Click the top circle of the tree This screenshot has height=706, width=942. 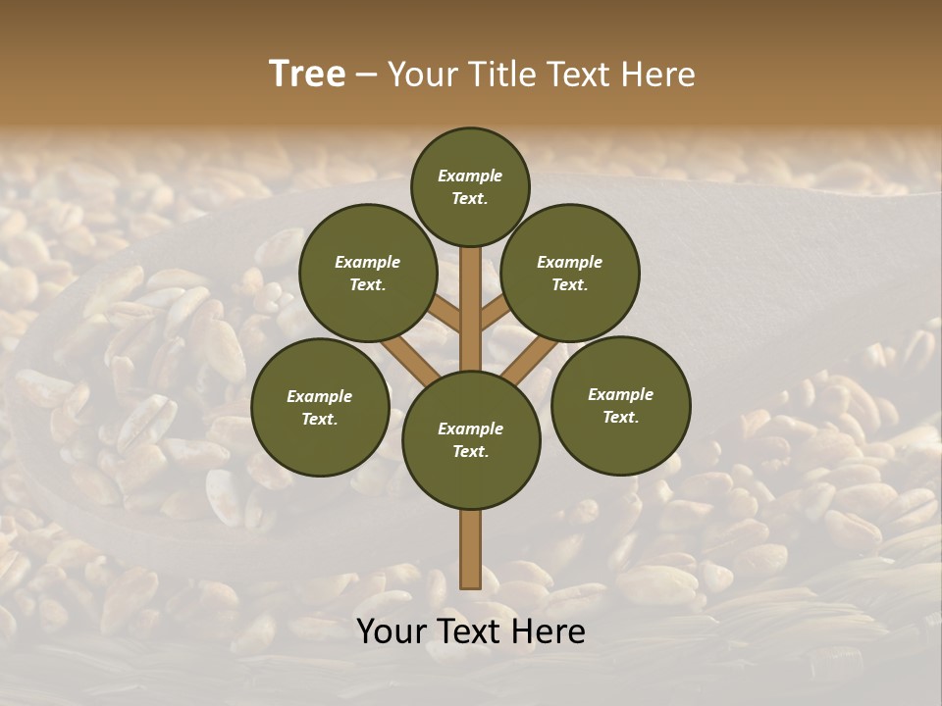(x=470, y=186)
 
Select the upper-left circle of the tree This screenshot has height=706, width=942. (x=368, y=273)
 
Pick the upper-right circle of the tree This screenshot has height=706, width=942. (x=570, y=273)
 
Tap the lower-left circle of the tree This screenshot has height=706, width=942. (x=320, y=407)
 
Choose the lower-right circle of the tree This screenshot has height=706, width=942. (x=621, y=405)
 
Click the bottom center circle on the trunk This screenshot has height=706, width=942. (x=471, y=439)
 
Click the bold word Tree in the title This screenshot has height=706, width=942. (x=307, y=74)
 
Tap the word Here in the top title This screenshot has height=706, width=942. (x=660, y=74)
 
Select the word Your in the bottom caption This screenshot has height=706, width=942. (x=391, y=631)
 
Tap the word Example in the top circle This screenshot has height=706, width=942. (x=470, y=176)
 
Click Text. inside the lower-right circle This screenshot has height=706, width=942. (x=620, y=417)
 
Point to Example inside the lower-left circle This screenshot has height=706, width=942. (x=319, y=396)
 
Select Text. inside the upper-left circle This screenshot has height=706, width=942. (x=368, y=284)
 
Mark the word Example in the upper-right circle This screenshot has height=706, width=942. (x=569, y=262)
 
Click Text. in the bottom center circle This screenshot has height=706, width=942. (x=470, y=451)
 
